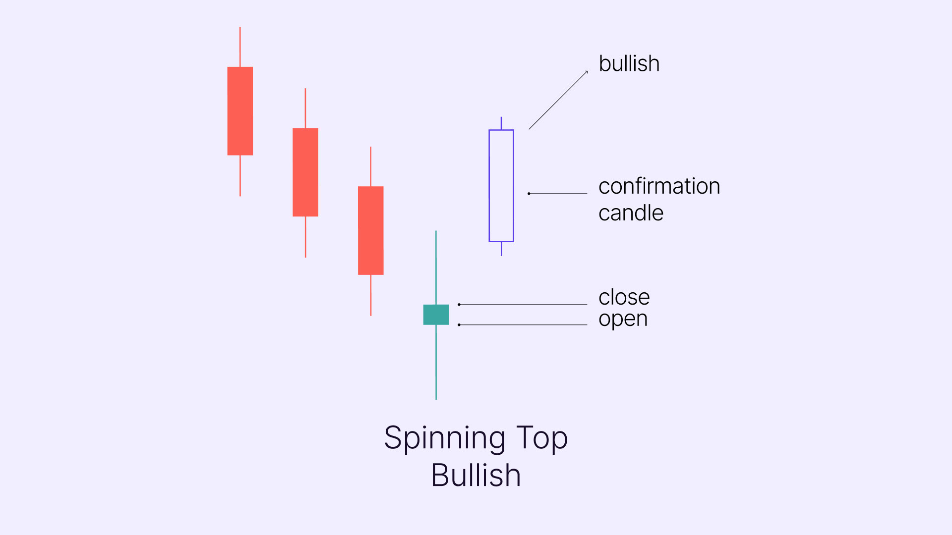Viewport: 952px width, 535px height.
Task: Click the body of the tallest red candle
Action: [240, 111]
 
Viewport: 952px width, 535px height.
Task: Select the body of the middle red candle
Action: [305, 172]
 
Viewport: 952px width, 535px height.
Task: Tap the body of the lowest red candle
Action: [371, 230]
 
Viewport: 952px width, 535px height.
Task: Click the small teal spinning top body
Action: [436, 315]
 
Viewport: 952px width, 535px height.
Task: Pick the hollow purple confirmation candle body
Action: [489, 186]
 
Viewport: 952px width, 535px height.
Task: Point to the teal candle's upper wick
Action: [436, 267]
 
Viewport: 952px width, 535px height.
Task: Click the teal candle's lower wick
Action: [436, 362]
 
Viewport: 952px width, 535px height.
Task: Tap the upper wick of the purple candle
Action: [501, 123]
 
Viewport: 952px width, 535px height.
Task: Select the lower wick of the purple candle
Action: [501, 249]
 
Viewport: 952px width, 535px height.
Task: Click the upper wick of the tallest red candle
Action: [240, 47]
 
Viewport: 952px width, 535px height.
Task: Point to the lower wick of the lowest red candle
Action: [371, 295]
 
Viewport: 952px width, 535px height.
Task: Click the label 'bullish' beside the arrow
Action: [629, 63]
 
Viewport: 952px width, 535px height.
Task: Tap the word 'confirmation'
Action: [659, 186]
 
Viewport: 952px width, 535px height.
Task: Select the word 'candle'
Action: [631, 213]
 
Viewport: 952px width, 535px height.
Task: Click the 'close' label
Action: [624, 297]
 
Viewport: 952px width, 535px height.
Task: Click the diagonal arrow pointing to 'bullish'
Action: [558, 100]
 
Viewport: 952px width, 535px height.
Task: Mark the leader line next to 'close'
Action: [523, 305]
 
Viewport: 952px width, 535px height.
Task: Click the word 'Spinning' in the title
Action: [445, 438]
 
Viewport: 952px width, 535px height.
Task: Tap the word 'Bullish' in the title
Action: [476, 476]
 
